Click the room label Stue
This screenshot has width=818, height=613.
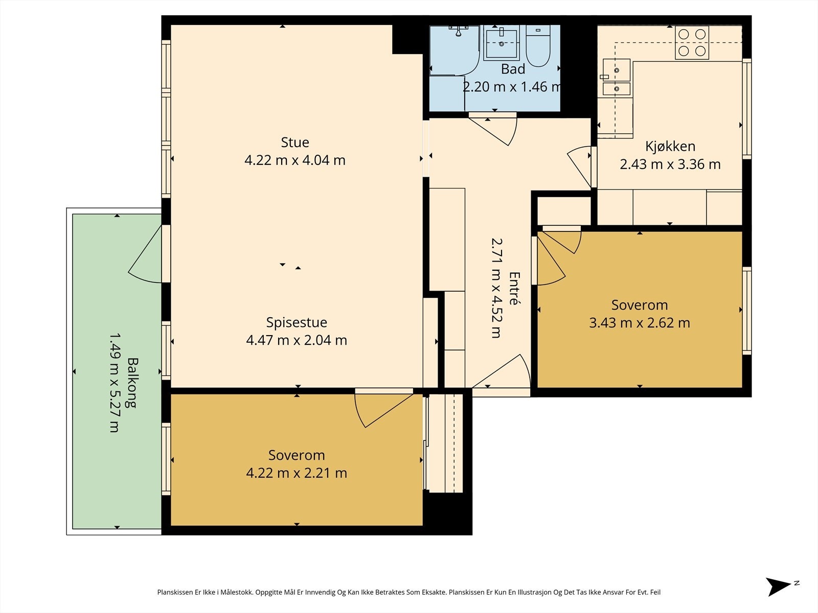click(295, 142)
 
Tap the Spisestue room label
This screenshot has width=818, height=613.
click(297, 322)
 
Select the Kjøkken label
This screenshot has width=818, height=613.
click(670, 146)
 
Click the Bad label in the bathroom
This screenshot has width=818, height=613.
click(513, 69)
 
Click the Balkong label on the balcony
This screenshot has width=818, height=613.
click(132, 383)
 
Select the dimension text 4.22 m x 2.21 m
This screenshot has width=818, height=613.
click(297, 473)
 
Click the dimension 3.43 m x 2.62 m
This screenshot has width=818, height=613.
click(640, 323)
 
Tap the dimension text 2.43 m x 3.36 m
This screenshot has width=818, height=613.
click(670, 164)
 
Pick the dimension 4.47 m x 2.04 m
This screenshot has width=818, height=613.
click(297, 340)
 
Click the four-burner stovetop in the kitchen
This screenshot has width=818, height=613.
click(692, 43)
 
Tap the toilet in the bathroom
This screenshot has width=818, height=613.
click(538, 46)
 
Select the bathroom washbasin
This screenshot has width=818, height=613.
click(501, 43)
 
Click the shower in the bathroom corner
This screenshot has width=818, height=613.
click(455, 51)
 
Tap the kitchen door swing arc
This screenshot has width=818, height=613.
click(580, 166)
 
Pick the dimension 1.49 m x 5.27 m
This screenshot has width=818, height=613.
click(115, 383)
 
